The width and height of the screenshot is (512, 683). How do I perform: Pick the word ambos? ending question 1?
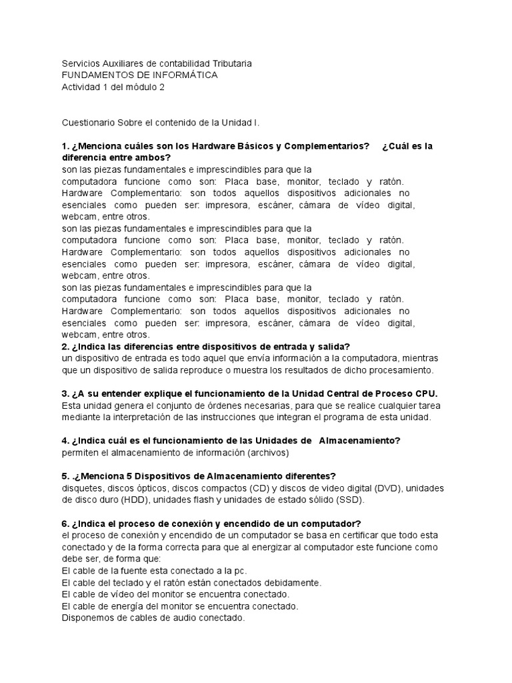153,157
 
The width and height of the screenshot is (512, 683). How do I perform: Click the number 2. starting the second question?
65,346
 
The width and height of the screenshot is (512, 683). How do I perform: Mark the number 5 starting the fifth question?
65,476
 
